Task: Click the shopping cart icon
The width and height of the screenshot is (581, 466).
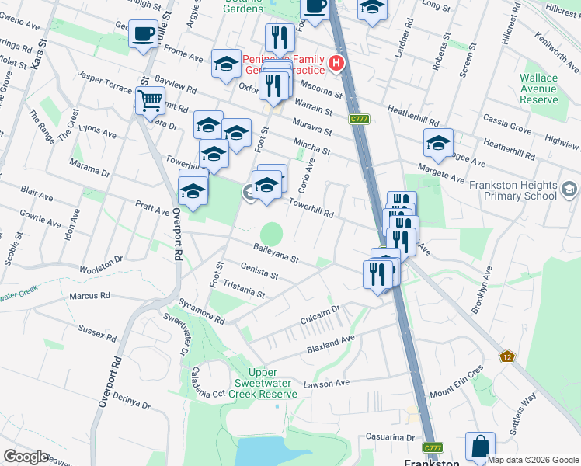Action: (x=149, y=99)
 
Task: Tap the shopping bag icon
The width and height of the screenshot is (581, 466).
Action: (x=480, y=447)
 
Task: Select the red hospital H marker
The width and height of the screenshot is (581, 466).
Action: (x=336, y=63)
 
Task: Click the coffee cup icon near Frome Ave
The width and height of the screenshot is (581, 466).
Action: (x=144, y=35)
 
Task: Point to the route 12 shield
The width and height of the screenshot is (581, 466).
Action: (x=507, y=356)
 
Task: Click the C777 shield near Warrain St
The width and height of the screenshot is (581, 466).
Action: (x=358, y=119)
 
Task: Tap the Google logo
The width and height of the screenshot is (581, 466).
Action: (x=26, y=456)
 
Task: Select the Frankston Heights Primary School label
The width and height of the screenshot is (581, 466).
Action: (x=513, y=190)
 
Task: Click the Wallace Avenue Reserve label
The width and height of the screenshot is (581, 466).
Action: (x=538, y=89)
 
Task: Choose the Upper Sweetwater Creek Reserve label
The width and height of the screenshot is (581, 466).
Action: (x=266, y=383)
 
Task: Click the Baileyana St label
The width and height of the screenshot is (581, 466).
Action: (x=276, y=253)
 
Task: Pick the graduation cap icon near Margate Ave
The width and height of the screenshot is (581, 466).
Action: (x=438, y=143)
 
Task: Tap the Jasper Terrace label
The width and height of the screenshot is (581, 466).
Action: (x=104, y=84)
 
